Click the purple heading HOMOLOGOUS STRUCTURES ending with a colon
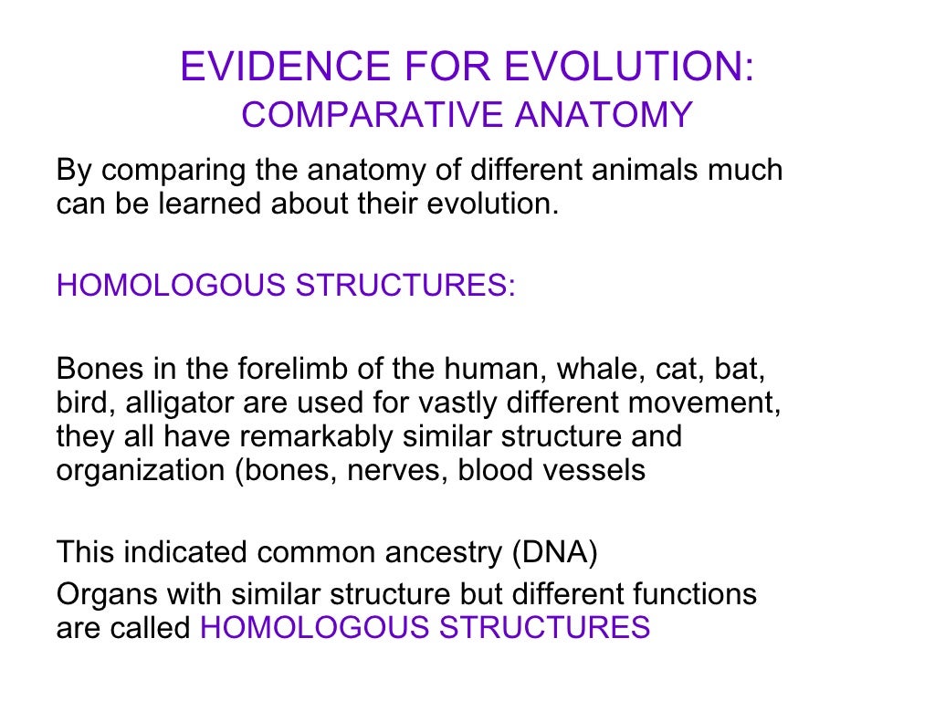coord(286,286)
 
